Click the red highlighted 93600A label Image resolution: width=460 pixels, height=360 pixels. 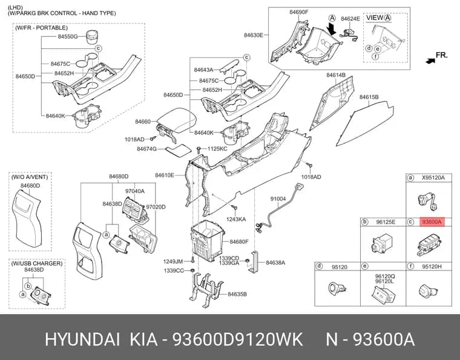(432, 222)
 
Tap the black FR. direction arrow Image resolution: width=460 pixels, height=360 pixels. (430, 61)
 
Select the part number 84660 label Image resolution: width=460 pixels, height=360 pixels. (143, 122)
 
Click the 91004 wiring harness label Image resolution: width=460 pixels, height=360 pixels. (278, 199)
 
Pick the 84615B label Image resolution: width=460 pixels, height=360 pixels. (369, 97)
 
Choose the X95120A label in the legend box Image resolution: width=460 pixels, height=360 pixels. (433, 177)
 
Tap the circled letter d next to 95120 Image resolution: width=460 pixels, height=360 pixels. (319, 266)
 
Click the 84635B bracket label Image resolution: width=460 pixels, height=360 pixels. (237, 294)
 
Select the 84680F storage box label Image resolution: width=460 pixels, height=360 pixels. (239, 242)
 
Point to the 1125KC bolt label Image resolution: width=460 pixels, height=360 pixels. (217, 149)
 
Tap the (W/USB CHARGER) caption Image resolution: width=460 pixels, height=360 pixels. (37, 263)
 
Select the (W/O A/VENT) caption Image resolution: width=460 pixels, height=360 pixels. (30, 177)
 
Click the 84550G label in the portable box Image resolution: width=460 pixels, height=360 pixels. (67, 37)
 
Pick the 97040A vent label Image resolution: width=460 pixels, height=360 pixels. (135, 191)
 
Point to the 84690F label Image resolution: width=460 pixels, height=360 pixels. (299, 12)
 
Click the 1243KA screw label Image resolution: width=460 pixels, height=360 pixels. (236, 219)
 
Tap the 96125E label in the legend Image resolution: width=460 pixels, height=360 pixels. (386, 222)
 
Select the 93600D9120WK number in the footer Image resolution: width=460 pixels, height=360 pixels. (237, 339)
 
